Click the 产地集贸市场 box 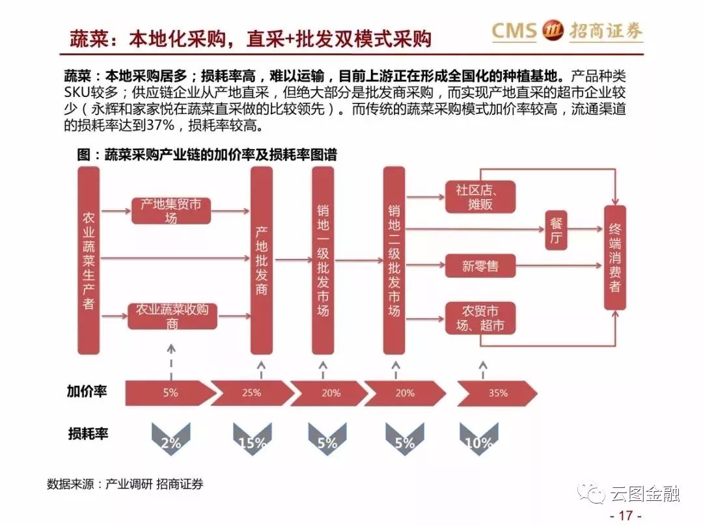click(x=171, y=211)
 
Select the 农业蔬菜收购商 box click(x=172, y=316)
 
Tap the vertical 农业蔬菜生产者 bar click(x=89, y=261)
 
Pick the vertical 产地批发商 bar click(x=262, y=261)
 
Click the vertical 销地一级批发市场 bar click(x=323, y=261)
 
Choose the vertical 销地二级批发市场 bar click(x=394, y=261)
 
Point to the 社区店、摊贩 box click(x=480, y=197)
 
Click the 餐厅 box click(x=556, y=230)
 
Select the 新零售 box click(x=480, y=266)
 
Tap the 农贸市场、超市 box click(x=480, y=319)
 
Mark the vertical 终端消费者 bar click(x=614, y=258)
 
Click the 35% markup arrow click(x=497, y=394)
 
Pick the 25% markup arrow click(x=252, y=394)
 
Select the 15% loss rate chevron click(x=253, y=438)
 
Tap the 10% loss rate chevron click(x=479, y=438)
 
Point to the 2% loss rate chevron click(x=171, y=438)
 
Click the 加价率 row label click(x=87, y=392)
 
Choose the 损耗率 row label click(x=88, y=434)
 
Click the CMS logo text click(x=514, y=31)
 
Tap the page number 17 click(x=626, y=515)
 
